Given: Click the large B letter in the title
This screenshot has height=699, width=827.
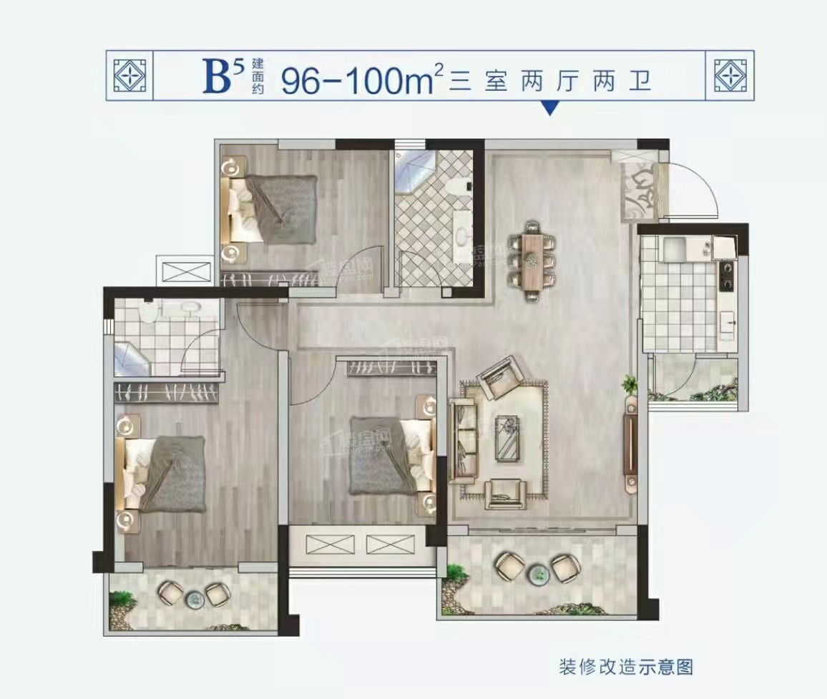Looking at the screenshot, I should (x=217, y=78).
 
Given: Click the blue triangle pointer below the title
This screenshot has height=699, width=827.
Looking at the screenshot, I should (x=549, y=108).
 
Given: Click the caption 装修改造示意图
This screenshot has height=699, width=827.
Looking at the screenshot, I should (x=625, y=668).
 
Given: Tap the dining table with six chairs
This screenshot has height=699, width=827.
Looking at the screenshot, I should (x=532, y=260).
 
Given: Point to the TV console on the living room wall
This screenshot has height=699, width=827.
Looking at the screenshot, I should (x=630, y=444).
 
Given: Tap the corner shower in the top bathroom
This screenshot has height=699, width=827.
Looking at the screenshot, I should (x=413, y=170).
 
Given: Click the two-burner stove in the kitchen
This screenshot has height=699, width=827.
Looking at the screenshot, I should (x=727, y=276).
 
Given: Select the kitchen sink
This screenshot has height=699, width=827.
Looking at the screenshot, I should (x=674, y=250).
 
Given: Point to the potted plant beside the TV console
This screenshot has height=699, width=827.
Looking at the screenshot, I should (x=630, y=384).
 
